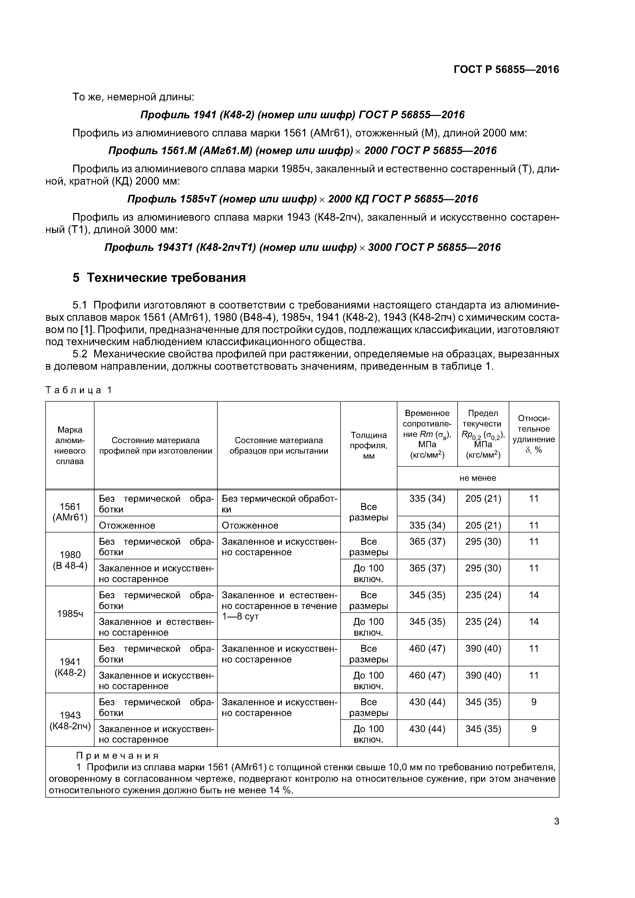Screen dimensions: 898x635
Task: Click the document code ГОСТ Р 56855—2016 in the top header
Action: pos(506,70)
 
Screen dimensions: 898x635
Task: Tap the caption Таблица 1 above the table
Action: pos(79,390)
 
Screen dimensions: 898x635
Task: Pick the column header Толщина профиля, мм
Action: pos(368,445)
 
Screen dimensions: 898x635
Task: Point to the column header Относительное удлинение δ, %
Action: pos(533,434)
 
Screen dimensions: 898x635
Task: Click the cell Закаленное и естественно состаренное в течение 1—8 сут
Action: pos(279,606)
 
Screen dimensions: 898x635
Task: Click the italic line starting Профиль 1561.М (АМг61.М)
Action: pos(302,151)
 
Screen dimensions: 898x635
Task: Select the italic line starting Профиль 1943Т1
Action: pos(302,247)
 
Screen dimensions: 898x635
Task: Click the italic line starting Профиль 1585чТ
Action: pos(302,199)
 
